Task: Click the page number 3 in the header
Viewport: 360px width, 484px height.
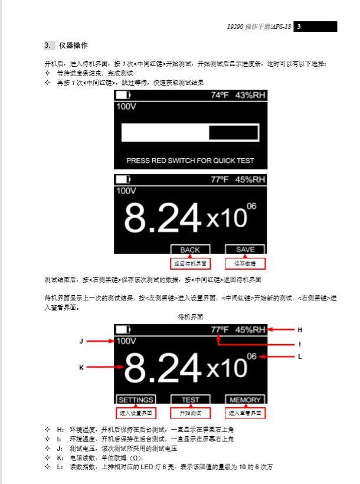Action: pos(299,27)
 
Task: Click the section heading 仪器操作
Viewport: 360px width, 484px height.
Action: pos(73,45)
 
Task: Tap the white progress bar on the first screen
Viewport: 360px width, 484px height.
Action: pos(190,133)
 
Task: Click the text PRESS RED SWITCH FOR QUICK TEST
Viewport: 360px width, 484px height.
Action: pos(190,160)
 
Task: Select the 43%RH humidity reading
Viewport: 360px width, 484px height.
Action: pos(250,95)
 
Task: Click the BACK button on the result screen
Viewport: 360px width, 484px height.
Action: pos(190,250)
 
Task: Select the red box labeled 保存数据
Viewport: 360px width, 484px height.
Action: pos(245,263)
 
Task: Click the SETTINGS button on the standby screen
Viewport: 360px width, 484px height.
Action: pos(136,400)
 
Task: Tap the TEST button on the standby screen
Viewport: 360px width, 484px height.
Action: pos(190,400)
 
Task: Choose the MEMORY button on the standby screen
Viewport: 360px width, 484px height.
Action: pos(245,400)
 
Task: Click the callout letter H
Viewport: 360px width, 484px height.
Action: pos(300,329)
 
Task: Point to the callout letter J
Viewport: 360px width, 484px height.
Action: pos(81,341)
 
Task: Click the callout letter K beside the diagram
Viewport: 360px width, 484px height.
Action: pos(81,367)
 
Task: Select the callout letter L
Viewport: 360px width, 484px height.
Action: pos(300,356)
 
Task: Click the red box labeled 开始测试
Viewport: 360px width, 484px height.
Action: pos(190,413)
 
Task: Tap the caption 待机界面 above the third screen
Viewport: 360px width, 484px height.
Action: pos(190,316)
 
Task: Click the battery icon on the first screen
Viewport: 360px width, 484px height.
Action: pos(123,95)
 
